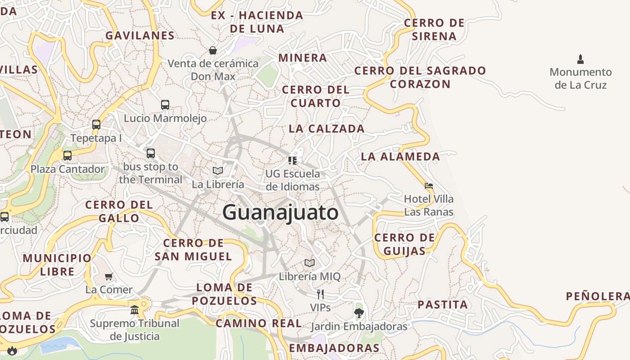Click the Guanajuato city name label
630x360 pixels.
(280, 212)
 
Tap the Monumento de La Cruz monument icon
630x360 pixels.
(580, 59)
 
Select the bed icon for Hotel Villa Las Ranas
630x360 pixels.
(429, 185)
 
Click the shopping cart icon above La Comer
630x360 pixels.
(108, 276)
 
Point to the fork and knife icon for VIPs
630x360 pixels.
(320, 294)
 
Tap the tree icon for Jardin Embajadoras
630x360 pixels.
(359, 313)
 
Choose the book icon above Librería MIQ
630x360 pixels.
(310, 263)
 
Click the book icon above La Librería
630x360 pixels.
(218, 171)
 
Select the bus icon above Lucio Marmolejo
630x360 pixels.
(165, 105)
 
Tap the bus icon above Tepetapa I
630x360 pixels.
(96, 125)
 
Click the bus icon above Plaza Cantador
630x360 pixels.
(67, 156)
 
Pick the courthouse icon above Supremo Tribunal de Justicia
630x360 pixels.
(135, 310)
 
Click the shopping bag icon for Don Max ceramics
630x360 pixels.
(213, 50)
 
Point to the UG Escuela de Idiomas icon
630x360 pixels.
(292, 160)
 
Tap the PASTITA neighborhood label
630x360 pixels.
(443, 305)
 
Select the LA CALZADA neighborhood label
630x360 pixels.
(326, 129)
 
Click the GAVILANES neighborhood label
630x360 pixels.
(140, 36)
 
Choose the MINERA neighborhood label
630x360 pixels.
(302, 58)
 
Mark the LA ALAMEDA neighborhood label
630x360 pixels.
(400, 157)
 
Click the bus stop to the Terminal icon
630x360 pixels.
(151, 153)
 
